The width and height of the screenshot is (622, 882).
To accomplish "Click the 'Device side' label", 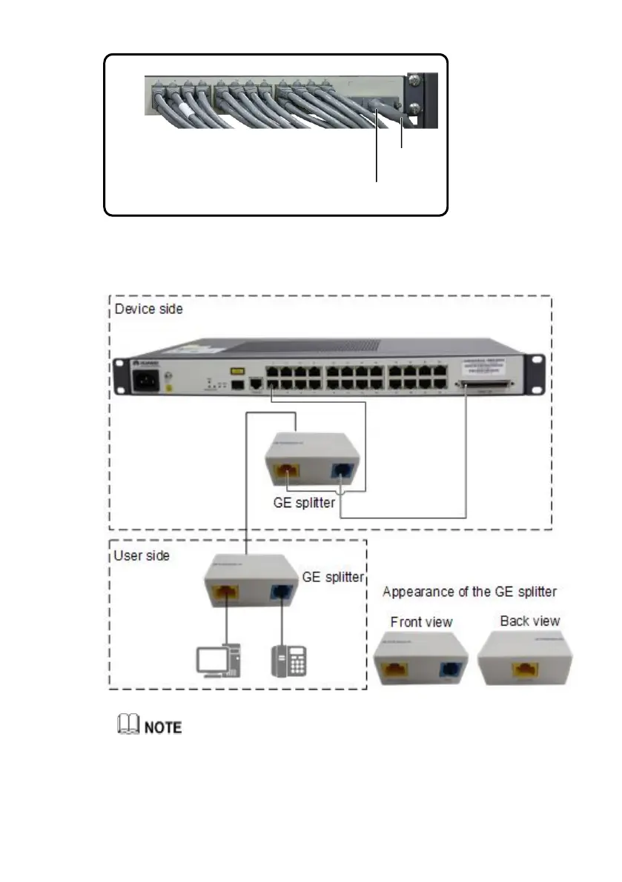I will (149, 309).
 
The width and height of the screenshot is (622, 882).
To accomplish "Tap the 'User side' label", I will (141, 555).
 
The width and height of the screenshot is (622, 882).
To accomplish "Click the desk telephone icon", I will (289, 660).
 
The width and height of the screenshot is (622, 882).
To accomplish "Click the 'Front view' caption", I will (421, 621).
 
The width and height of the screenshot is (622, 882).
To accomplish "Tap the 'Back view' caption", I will (530, 621).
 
